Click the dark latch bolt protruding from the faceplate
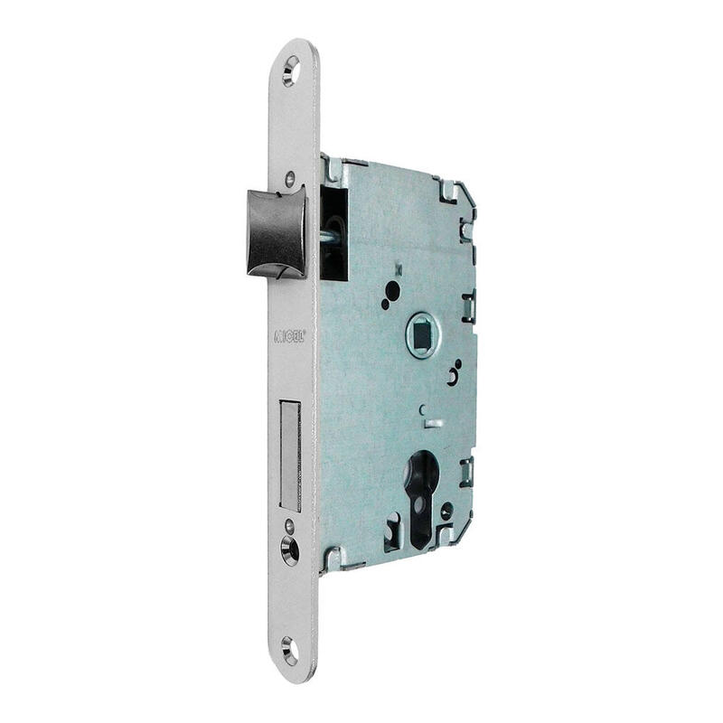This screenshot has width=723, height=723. click(276, 234)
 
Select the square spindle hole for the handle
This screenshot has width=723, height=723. click(422, 335)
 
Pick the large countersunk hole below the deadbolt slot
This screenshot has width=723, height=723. click(290, 549)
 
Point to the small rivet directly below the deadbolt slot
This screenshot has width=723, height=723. click(289, 524)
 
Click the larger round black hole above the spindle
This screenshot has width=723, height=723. click(392, 291)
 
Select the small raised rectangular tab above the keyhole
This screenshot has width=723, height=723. click(433, 423)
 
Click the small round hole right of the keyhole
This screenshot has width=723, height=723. click(446, 512)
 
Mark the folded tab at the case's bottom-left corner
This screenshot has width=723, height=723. click(333, 557)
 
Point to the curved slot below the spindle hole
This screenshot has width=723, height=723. click(453, 375)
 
